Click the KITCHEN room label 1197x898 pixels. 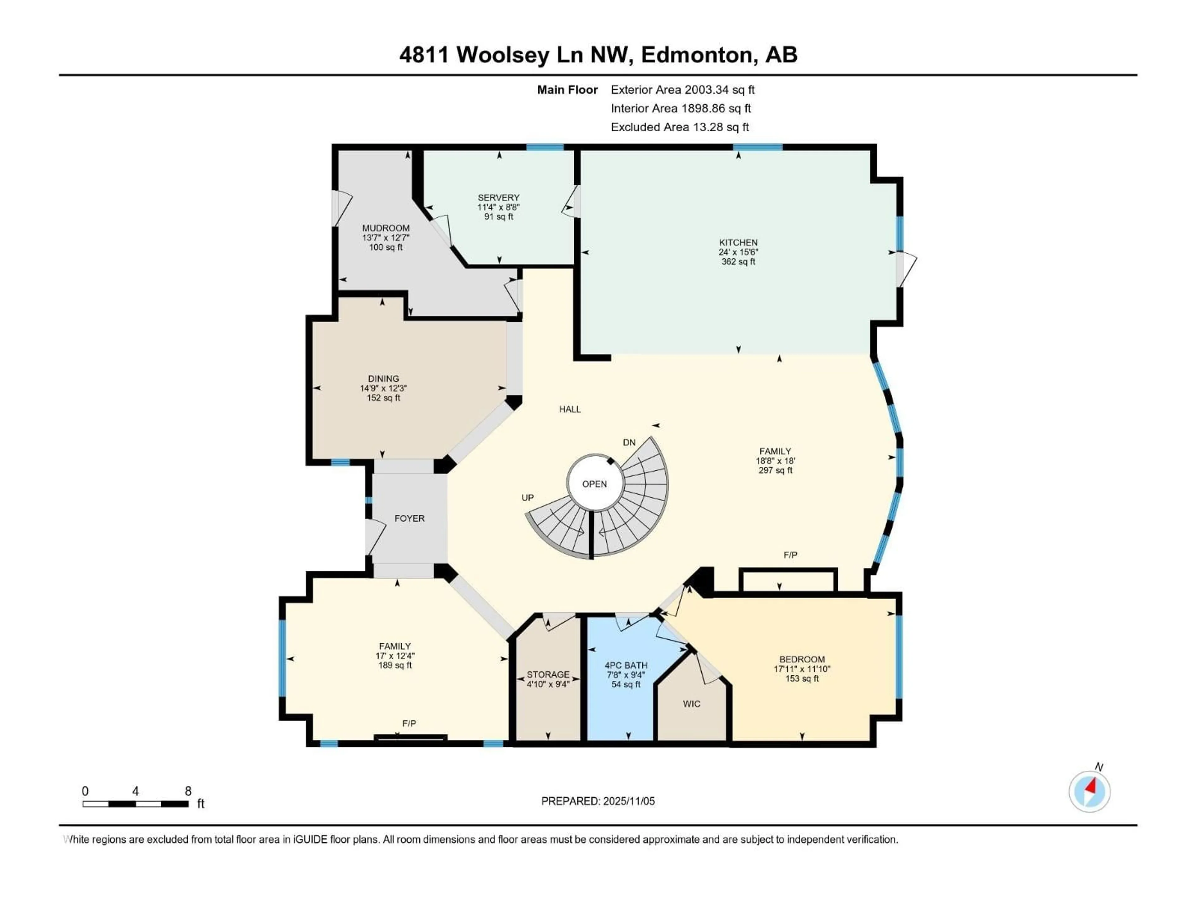coord(738,243)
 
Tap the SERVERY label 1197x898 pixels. coord(498,198)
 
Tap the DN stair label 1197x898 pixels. coord(629,442)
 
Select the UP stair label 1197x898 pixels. coord(528,497)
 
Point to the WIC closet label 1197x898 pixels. coord(692,704)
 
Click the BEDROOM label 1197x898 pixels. coord(802,659)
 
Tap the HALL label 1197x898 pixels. coord(570,409)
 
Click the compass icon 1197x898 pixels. coord(1089,791)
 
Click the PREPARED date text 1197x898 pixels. coord(598,801)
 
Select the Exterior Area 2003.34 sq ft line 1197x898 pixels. coord(682,90)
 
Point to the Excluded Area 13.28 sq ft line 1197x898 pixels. coord(680,127)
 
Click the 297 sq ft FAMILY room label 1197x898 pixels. coord(775,451)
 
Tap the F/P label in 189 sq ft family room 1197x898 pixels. coord(409,724)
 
